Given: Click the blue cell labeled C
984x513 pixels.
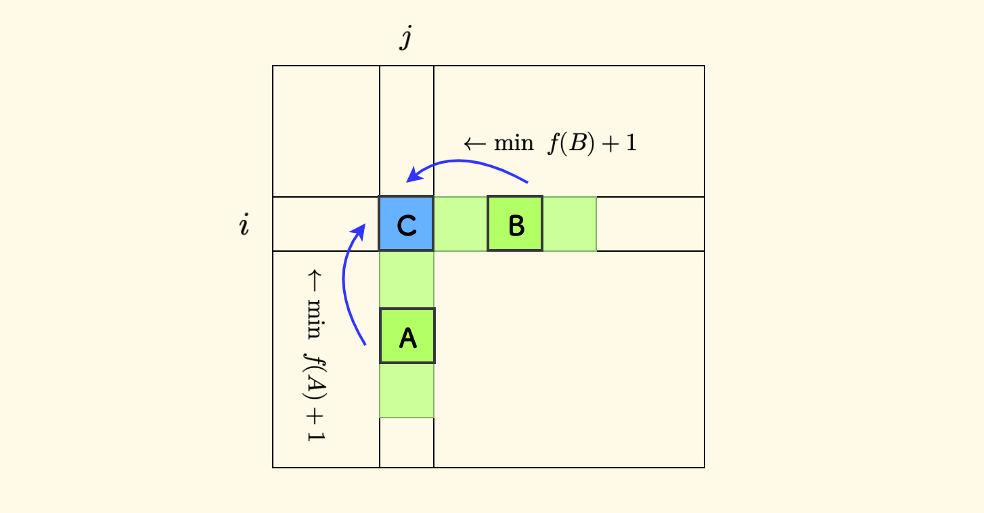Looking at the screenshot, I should (x=406, y=224).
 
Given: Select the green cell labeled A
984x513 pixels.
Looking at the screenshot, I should (x=407, y=336).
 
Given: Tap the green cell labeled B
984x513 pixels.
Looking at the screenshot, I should (x=515, y=224).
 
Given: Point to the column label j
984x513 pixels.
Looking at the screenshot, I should (x=405, y=39).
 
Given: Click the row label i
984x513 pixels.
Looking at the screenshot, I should (x=244, y=225).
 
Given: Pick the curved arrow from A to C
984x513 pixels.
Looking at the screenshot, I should (x=348, y=284).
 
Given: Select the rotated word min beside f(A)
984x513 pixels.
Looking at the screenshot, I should (x=315, y=317).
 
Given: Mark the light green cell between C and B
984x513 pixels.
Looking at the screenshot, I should (x=460, y=224).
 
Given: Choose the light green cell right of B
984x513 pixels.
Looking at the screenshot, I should (x=569, y=224).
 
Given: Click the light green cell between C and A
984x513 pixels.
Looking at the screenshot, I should (x=407, y=280).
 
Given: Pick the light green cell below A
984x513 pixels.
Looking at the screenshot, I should (x=407, y=391).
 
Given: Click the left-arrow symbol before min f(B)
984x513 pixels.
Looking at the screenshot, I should (x=473, y=144).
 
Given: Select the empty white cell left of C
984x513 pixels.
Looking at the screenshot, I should (x=326, y=224).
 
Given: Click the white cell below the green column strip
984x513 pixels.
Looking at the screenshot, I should (x=407, y=443).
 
